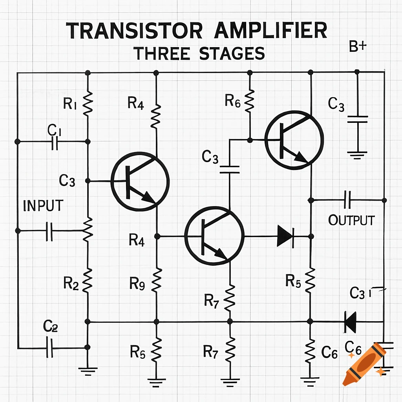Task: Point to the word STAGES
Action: click(x=232, y=54)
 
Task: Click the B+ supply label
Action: click(x=357, y=48)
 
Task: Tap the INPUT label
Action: click(x=43, y=206)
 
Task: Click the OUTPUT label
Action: click(x=351, y=221)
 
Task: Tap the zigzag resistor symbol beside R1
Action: click(x=88, y=103)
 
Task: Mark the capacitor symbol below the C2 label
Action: click(x=50, y=347)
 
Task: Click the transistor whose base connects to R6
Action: click(x=294, y=140)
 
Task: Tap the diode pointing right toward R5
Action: click(x=285, y=236)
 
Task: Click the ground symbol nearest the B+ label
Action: click(x=357, y=154)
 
